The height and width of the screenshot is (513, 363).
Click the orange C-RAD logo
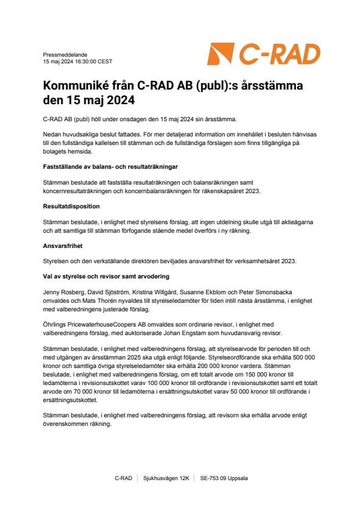263,54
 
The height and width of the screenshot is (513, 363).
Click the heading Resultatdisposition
71,207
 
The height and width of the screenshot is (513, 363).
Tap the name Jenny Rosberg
63,294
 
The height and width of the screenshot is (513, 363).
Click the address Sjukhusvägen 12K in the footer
166,478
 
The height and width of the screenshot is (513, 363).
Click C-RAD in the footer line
123,478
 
